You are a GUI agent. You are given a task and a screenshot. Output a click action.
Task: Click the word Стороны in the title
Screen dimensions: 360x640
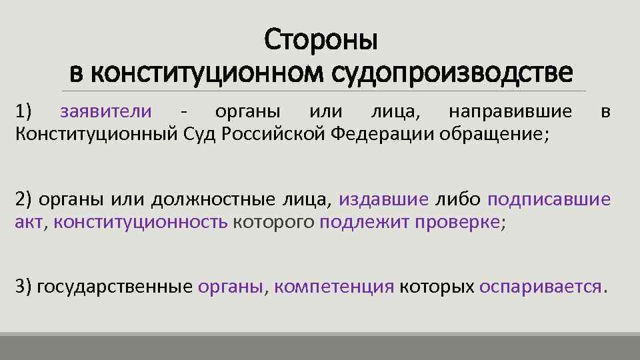pyautogui.click(x=321, y=40)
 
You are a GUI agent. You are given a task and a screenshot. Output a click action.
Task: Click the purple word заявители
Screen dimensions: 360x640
pyautogui.click(x=105, y=111)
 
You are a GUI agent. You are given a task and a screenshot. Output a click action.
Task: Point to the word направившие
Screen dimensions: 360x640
pyautogui.click(x=510, y=111)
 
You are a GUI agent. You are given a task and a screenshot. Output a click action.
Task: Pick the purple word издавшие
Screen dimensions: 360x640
pyautogui.click(x=383, y=199)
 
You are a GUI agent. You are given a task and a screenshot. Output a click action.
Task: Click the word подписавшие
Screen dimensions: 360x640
pyautogui.click(x=549, y=199)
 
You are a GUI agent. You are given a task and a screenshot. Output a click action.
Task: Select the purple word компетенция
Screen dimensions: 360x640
pyautogui.click(x=334, y=287)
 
